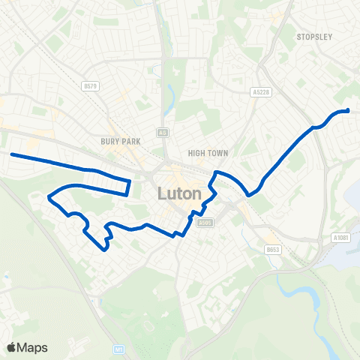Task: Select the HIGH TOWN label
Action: (x=208, y=153)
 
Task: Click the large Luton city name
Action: (x=180, y=193)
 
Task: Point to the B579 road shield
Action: (x=91, y=86)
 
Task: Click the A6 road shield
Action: (x=161, y=132)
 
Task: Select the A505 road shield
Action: (x=203, y=222)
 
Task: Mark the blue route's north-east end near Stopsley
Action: (x=349, y=111)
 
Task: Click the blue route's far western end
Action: (x=12, y=154)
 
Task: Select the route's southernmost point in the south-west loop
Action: (x=103, y=249)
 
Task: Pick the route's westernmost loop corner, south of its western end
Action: (x=49, y=197)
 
